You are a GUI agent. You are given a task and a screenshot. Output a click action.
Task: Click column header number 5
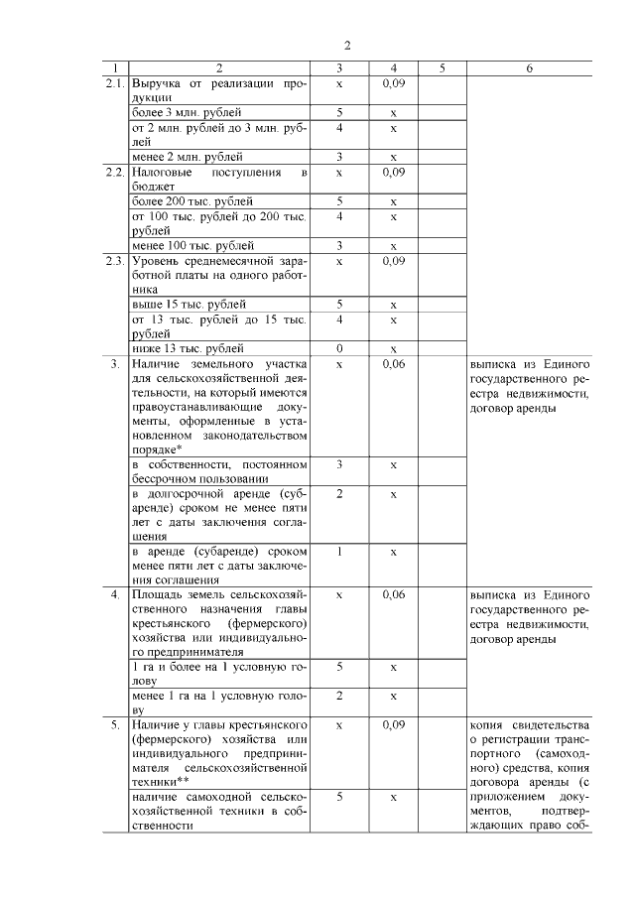click(442, 68)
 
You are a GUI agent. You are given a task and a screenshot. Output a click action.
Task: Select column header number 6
click(529, 68)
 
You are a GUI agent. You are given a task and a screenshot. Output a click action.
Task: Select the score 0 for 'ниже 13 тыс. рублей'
click(339, 349)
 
